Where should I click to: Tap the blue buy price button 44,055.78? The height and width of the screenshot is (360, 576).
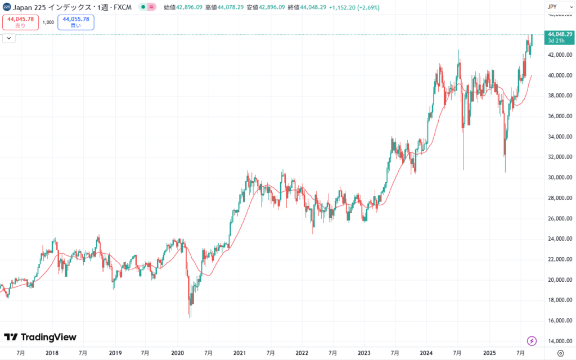click(x=76, y=22)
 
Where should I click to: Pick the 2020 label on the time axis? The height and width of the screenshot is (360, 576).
click(x=177, y=353)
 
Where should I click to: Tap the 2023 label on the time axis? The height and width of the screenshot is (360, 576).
click(x=364, y=353)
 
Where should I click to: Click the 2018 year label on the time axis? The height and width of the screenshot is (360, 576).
click(x=52, y=353)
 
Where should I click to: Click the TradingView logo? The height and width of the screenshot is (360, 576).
click(x=40, y=337)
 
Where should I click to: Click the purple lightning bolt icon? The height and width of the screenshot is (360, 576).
click(x=532, y=340)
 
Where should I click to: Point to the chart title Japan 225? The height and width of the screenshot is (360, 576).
click(x=34, y=7)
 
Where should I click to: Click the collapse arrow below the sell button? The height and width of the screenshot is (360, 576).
click(x=8, y=38)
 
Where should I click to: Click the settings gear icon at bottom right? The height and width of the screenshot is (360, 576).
click(x=560, y=353)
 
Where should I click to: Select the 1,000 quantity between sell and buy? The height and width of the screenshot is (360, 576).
click(x=48, y=22)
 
